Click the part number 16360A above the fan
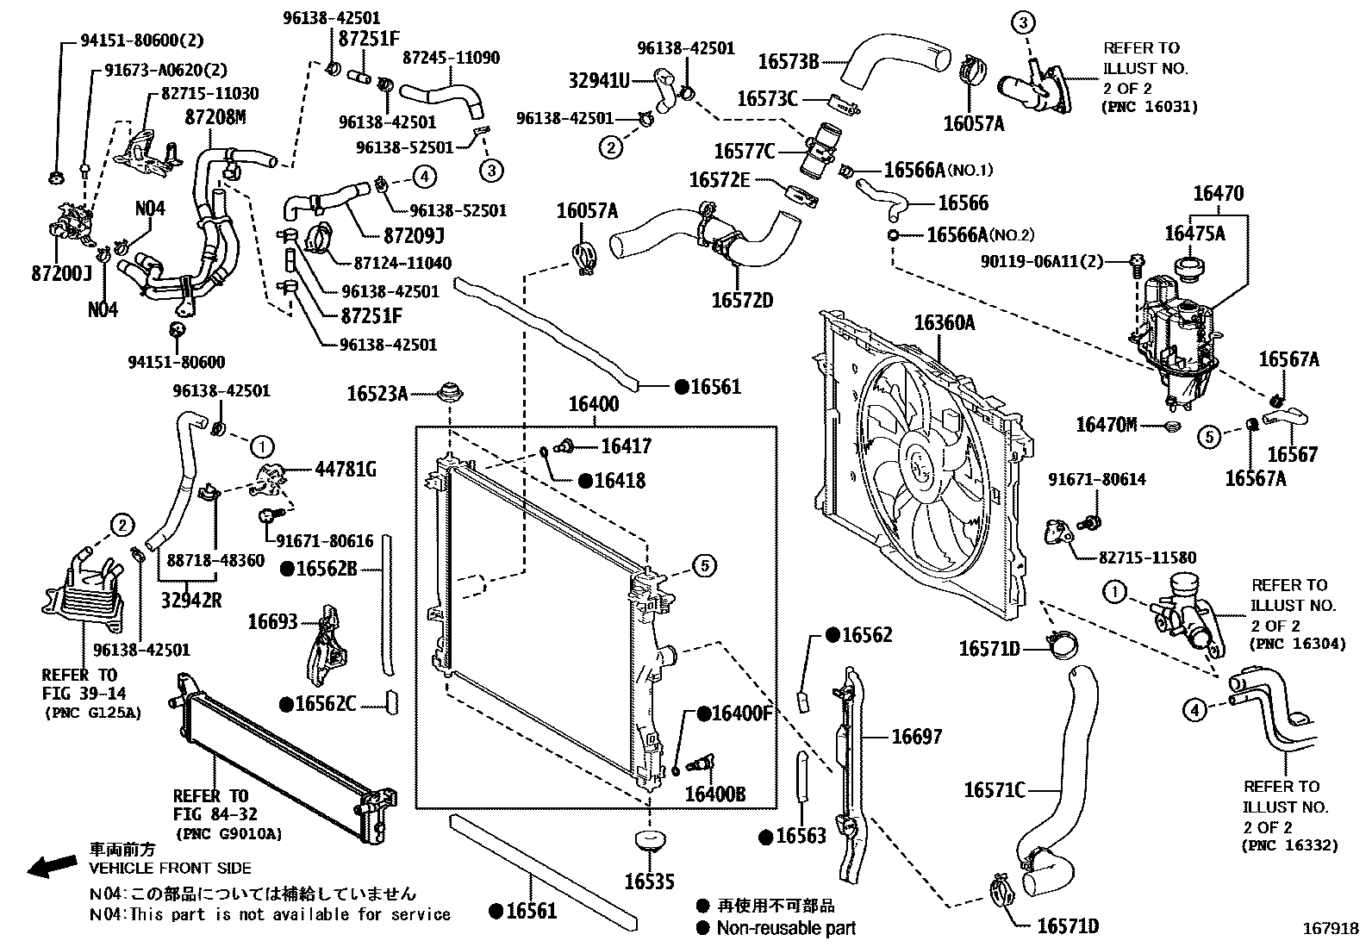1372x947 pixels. coord(945,323)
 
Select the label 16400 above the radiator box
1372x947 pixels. coord(593,404)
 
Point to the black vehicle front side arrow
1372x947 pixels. coord(52,866)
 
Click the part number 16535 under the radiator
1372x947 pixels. coord(649,882)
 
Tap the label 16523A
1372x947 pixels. coord(377,394)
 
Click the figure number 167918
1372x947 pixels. coord(1330,929)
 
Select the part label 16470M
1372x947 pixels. coord(1107,424)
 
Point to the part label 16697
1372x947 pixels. coord(916,736)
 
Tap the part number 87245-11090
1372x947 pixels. coord(451,58)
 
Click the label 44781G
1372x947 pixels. coord(346,470)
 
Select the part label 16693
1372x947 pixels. coord(272,621)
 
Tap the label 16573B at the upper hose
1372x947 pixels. coord(788,61)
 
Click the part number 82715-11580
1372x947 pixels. coord(1147,558)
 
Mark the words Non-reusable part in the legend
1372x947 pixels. coord(787,928)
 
